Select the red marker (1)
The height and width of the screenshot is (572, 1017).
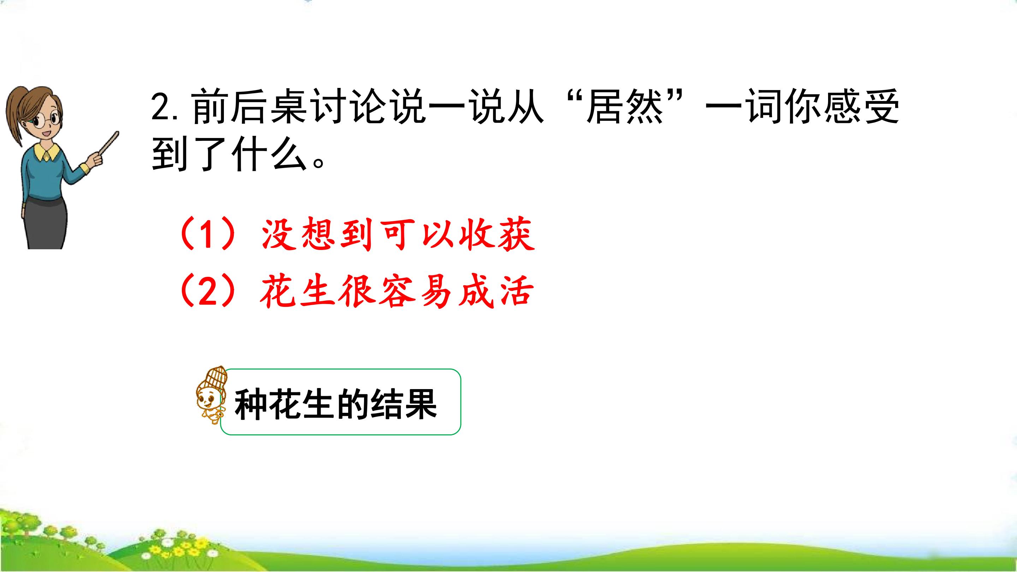(208, 234)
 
